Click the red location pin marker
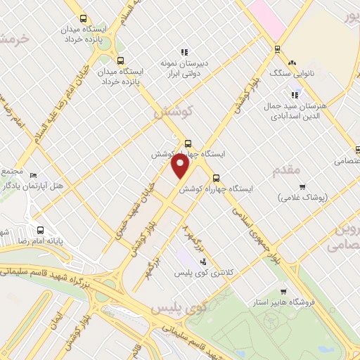(181, 167)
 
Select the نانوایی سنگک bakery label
(290, 73)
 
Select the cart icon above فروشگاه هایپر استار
(283, 292)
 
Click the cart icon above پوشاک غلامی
(302, 187)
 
